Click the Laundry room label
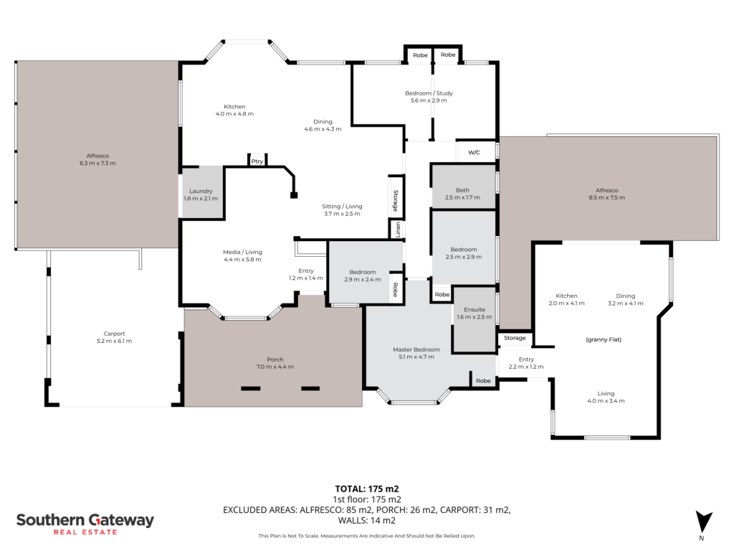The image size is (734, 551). [x=201, y=191]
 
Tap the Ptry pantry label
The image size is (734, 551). [x=257, y=161]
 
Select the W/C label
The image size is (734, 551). [x=475, y=152]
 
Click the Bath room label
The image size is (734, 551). [x=462, y=190]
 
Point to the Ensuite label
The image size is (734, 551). [x=475, y=310]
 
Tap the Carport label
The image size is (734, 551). [x=114, y=334]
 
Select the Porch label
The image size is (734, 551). [x=275, y=359]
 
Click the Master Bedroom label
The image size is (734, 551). [x=416, y=349]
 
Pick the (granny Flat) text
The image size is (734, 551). [x=604, y=339]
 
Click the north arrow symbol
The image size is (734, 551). [x=704, y=522]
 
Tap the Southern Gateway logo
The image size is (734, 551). [x=85, y=524]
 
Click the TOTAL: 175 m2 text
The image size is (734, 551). [x=367, y=489]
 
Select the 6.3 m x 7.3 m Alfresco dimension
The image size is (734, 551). [x=97, y=164]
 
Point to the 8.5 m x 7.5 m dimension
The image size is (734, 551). [x=606, y=198]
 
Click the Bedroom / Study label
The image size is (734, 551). [x=429, y=93]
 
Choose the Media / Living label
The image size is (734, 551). [x=242, y=252]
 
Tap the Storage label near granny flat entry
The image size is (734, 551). [x=515, y=338]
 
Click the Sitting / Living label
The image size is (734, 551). [x=342, y=207]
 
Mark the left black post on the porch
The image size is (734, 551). [x=250, y=388]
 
